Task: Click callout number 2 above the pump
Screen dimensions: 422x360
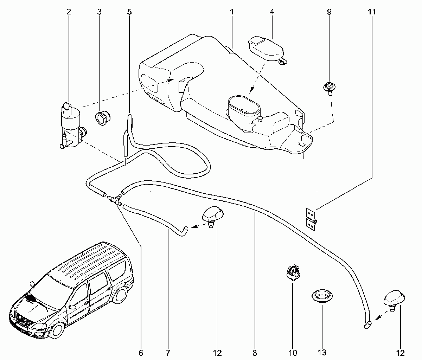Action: pos(69,12)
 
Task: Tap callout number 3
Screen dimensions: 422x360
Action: pos(99,12)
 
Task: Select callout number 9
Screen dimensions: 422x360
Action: pos(329,12)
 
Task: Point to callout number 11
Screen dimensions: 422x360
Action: pos(372,12)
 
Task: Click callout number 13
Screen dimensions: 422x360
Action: pos(322,353)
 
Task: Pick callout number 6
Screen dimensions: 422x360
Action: pos(141,353)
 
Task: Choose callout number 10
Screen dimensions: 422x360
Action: pos(293,353)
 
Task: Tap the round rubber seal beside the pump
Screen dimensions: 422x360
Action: pos(103,118)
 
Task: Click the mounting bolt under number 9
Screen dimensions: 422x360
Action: pos(329,89)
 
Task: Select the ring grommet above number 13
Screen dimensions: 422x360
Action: pos(322,296)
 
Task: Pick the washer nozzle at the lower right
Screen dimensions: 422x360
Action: pos(394,301)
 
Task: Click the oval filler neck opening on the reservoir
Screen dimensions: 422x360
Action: pos(244,105)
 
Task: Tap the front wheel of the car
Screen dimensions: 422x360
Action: pos(57,330)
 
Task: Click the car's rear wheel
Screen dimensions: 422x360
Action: pos(120,295)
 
